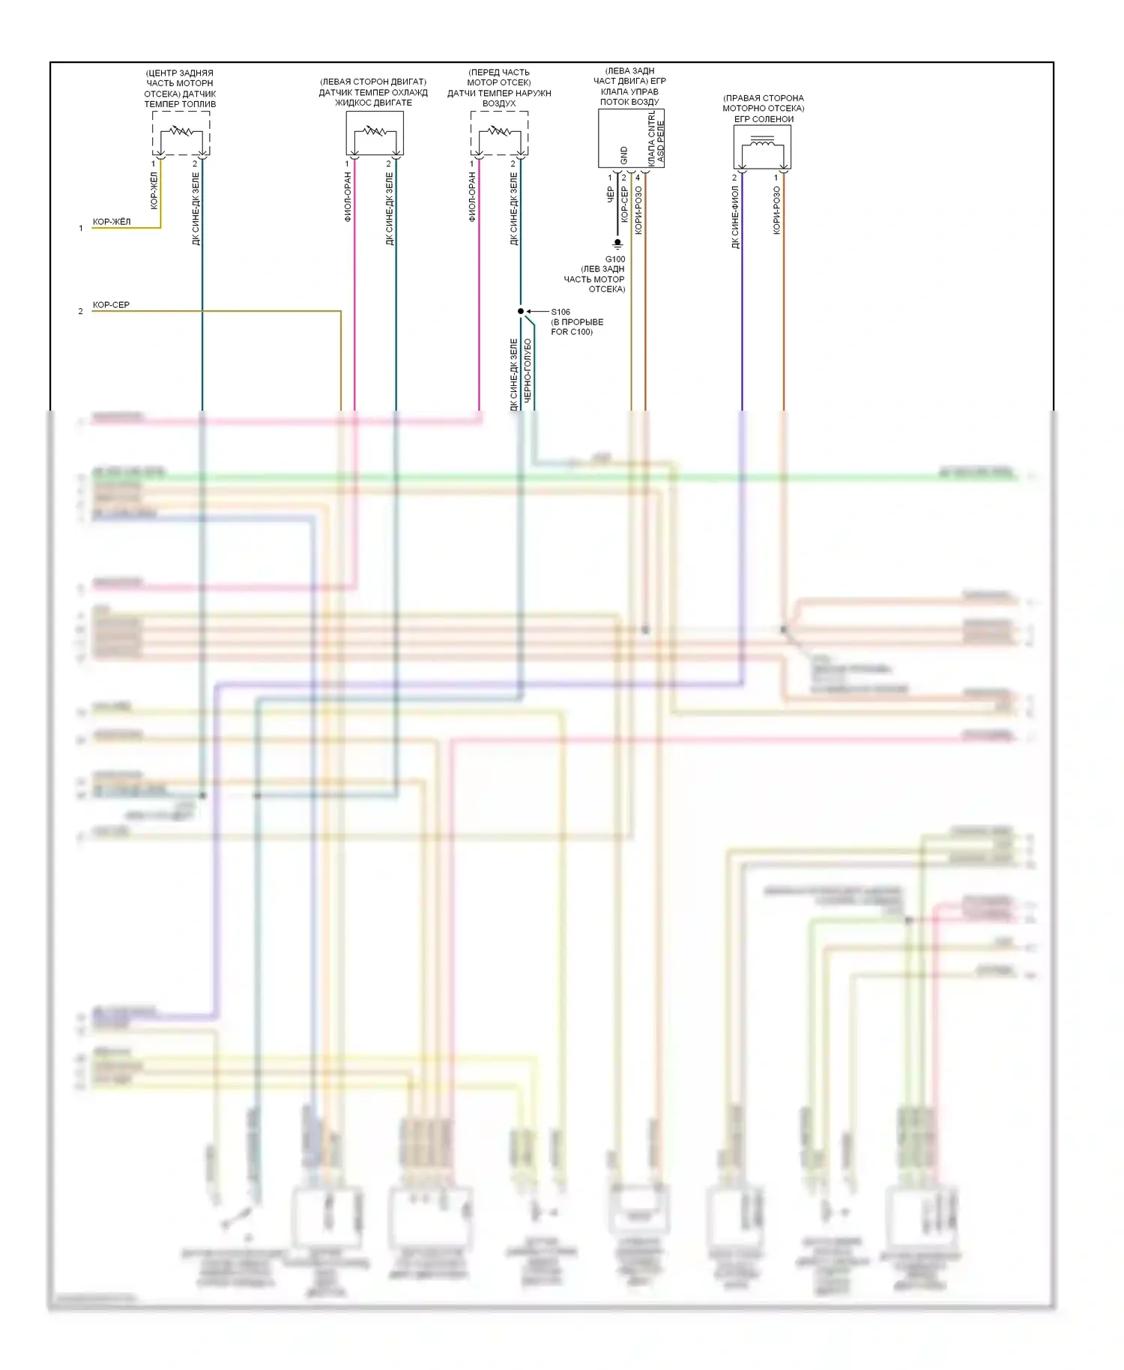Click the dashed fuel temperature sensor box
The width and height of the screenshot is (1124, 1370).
(181, 133)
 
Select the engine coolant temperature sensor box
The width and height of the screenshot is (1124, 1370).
(375, 133)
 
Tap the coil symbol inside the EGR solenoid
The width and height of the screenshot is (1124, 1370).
(762, 142)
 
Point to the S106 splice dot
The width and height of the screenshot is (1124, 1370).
(521, 311)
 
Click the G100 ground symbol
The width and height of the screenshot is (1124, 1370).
(617, 244)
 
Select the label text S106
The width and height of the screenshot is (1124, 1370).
(561, 312)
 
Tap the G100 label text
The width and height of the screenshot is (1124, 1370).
(615, 259)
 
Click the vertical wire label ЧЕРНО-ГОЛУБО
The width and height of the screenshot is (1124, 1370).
(528, 370)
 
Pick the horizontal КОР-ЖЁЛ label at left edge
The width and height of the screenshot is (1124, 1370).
(112, 222)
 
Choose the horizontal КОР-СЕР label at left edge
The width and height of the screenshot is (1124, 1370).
(111, 305)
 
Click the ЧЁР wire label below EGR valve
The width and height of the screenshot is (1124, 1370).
(611, 195)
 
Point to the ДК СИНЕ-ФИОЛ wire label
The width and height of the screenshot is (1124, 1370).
(735, 217)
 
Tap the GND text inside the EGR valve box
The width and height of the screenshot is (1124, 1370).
(623, 155)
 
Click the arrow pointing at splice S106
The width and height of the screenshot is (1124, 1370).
(537, 311)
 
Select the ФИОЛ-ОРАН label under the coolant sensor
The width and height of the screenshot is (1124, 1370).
(348, 197)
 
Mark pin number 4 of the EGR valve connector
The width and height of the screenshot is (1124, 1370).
(638, 178)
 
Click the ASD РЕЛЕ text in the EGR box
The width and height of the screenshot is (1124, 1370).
(661, 142)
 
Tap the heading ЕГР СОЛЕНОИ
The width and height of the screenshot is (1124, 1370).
(764, 119)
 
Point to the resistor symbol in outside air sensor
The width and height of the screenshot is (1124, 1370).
(499, 132)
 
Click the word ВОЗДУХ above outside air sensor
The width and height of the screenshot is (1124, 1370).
(499, 103)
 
